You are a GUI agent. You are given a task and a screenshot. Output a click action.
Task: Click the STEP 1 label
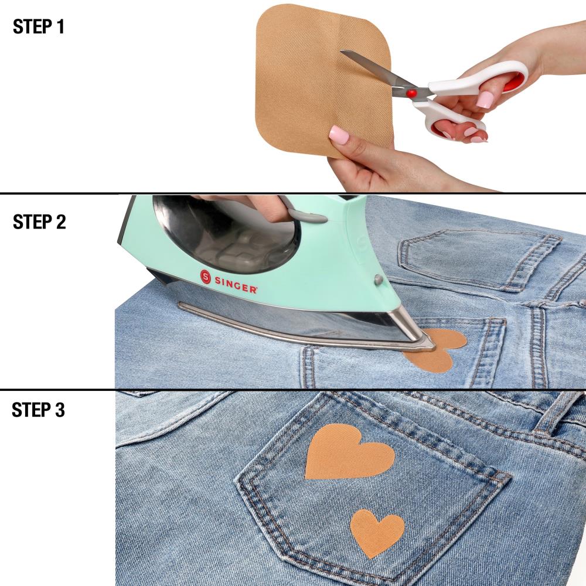pyautogui.click(x=39, y=26)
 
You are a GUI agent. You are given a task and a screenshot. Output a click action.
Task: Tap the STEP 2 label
pyautogui.click(x=39, y=222)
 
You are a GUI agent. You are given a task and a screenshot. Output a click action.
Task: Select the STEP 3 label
pyautogui.click(x=38, y=410)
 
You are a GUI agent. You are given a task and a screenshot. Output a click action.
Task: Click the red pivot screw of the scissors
pyautogui.click(x=411, y=93)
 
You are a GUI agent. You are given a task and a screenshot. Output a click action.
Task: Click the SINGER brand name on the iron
pyautogui.click(x=236, y=284)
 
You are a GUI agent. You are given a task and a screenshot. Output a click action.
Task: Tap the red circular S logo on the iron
pyautogui.click(x=206, y=277)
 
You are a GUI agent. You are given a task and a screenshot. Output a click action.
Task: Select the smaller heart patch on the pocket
pyautogui.click(x=377, y=532)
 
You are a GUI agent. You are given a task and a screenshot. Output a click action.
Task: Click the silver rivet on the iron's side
pyautogui.click(x=379, y=279)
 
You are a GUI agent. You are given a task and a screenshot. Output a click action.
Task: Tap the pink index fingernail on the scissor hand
pyautogui.click(x=485, y=100)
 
